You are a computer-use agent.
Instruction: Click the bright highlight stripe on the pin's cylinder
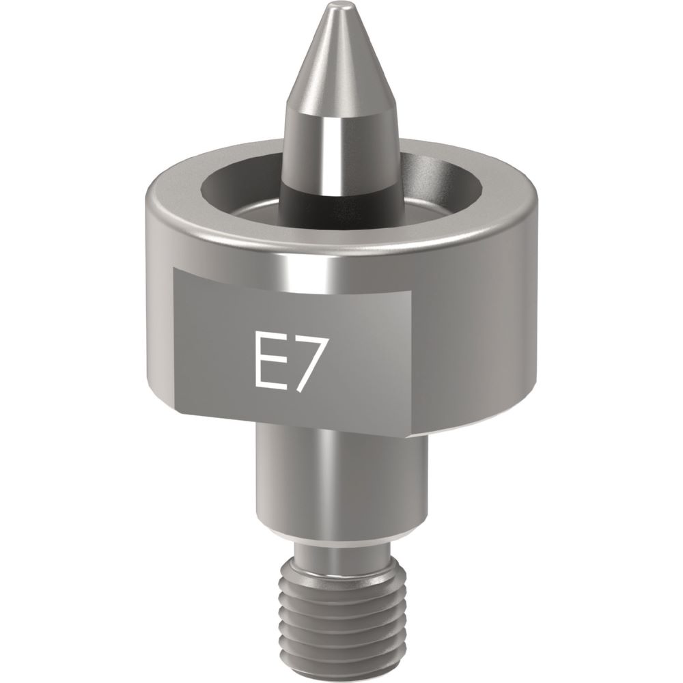click(x=339, y=150)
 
